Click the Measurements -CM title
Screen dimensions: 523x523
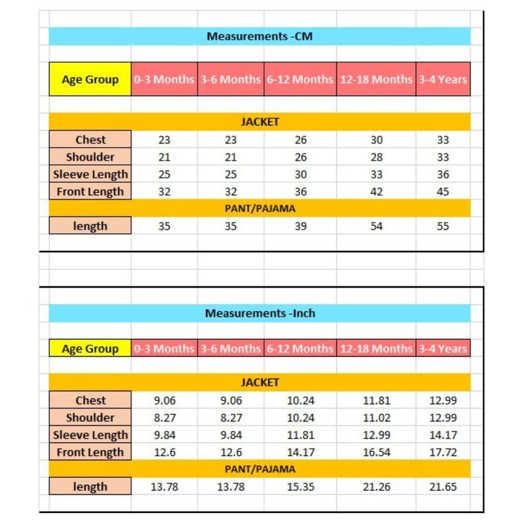[260, 37]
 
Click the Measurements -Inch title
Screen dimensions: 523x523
[260, 313]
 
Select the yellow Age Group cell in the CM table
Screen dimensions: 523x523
[90, 80]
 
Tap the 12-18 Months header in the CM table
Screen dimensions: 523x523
[376, 80]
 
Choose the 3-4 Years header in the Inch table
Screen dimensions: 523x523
[443, 348]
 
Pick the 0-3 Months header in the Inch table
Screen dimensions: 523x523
[164, 348]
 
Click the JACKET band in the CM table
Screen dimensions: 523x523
[260, 122]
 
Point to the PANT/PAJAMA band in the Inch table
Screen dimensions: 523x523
[260, 469]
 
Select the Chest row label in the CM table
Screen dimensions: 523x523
[90, 139]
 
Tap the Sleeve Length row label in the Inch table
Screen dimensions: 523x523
[90, 435]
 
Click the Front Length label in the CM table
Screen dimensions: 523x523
[90, 192]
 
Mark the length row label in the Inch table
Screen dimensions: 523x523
[90, 486]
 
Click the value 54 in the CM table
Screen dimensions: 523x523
[376, 226]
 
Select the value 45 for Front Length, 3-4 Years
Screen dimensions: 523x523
[443, 192]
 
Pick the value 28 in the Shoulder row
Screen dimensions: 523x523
[376, 157]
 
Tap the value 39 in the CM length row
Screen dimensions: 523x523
[300, 226]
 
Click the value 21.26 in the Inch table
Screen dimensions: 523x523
[376, 486]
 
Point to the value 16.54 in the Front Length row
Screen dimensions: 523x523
[376, 452]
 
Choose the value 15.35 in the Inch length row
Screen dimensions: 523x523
[300, 486]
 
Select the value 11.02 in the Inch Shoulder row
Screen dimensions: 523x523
[376, 418]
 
